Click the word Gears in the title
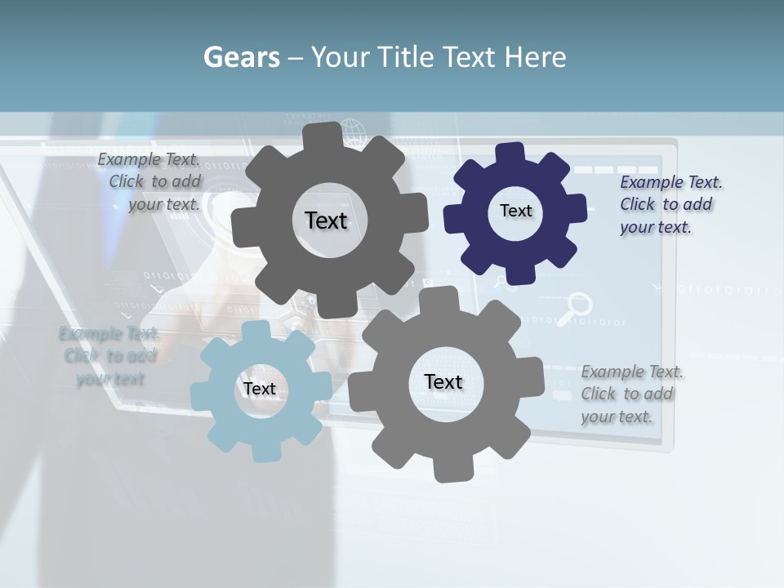click(241, 57)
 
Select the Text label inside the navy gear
click(515, 211)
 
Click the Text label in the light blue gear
click(259, 389)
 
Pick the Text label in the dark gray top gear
click(326, 220)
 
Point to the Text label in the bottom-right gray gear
click(443, 381)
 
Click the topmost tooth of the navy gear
click(510, 153)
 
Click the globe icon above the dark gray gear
click(353, 131)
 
